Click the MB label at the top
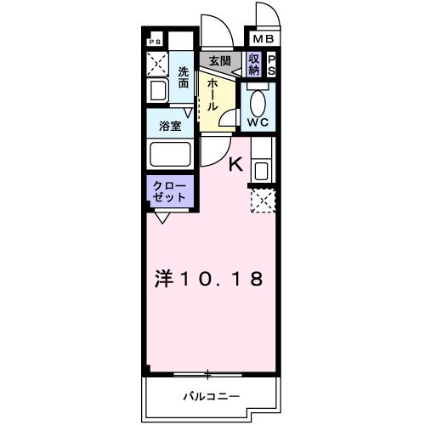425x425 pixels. coord(262,39)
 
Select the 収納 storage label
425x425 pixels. coord(254,64)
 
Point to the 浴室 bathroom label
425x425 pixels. coord(170,127)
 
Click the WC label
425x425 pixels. coord(258,122)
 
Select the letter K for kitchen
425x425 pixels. coord(236,166)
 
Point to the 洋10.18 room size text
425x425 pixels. coord(208,278)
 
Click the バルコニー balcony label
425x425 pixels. coord(211,396)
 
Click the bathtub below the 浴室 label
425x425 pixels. coord(169,156)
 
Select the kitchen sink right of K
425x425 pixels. coord(259,170)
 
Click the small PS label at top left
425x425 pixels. coord(155,41)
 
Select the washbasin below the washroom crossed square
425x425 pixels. coord(158,92)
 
